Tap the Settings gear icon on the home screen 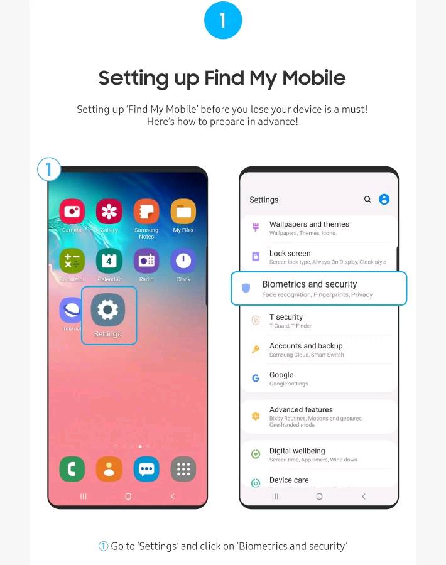click(x=108, y=309)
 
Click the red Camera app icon click(x=72, y=212)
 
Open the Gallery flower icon click(x=109, y=212)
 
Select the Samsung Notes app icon click(x=146, y=212)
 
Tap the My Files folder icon click(x=183, y=212)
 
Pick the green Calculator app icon click(x=72, y=261)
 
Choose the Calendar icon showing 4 click(x=109, y=261)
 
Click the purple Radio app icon click(x=146, y=261)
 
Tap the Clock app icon click(x=183, y=261)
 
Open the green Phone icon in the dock click(x=72, y=469)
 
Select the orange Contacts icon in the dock click(x=109, y=469)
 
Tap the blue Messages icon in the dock click(x=146, y=469)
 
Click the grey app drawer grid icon click(x=183, y=469)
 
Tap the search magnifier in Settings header click(x=367, y=200)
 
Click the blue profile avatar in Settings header click(x=384, y=200)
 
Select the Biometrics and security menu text click(x=309, y=284)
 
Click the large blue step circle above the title click(x=223, y=21)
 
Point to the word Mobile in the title click(x=313, y=78)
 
